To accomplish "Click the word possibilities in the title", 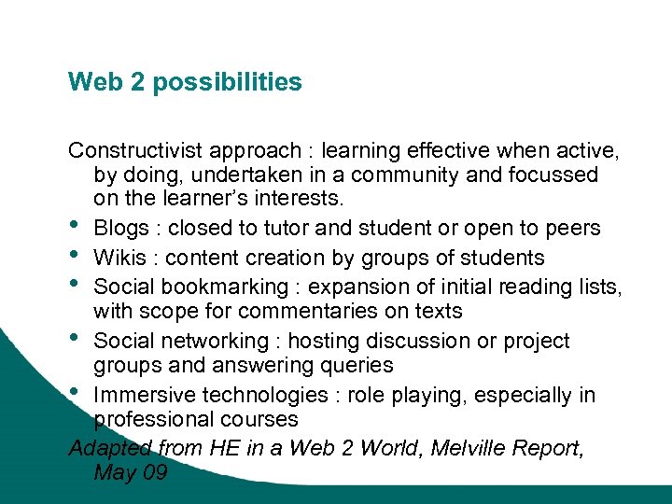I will (x=227, y=82).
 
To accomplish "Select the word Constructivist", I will (x=134, y=150).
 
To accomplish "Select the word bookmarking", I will (x=220, y=286).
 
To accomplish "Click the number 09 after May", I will (x=154, y=472).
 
